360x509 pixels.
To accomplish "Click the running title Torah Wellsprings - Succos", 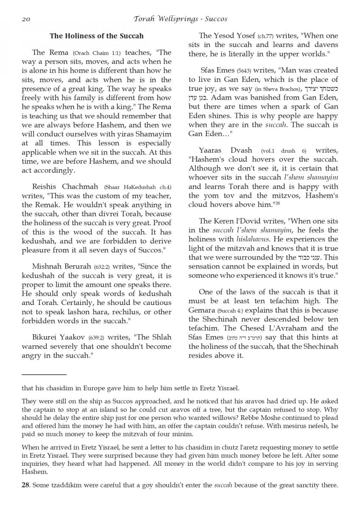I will click(180, 19).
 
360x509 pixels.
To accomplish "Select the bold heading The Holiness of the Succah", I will click(97, 36).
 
